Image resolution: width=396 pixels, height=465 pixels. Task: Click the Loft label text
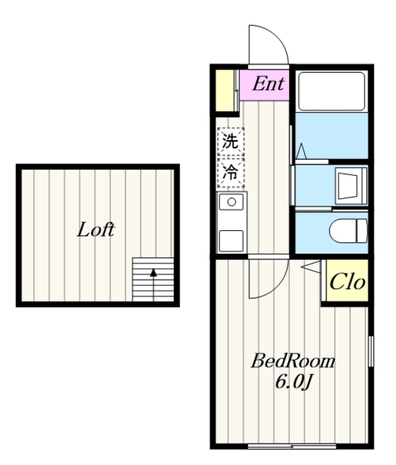coord(95,230)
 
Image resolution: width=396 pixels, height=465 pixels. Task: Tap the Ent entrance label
coord(269,84)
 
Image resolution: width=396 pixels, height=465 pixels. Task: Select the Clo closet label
coord(347,281)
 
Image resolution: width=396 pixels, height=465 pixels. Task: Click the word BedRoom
coord(293,361)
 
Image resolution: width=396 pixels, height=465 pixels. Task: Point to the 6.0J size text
coord(293,381)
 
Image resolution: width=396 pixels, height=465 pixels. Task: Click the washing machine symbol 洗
coord(231,141)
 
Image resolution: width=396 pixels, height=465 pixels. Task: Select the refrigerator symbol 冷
coord(231,172)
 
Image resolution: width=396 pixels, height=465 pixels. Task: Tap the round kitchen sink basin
coord(231,202)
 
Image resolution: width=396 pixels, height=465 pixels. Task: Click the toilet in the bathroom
coord(348,231)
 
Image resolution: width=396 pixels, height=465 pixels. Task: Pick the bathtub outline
coord(332,92)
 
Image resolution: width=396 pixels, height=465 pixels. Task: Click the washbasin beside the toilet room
coord(351,186)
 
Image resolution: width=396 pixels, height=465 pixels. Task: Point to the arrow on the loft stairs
coord(154,285)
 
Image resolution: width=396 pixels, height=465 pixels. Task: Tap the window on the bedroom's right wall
coord(371,352)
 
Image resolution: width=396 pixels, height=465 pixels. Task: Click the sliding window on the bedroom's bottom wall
coord(292,446)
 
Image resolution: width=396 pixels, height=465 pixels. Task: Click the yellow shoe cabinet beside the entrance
coord(224,91)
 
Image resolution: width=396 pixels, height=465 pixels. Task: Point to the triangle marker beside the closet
coord(311,267)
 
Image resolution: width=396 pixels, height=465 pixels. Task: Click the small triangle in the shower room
coord(301,151)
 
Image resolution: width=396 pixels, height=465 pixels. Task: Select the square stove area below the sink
coord(231,240)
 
